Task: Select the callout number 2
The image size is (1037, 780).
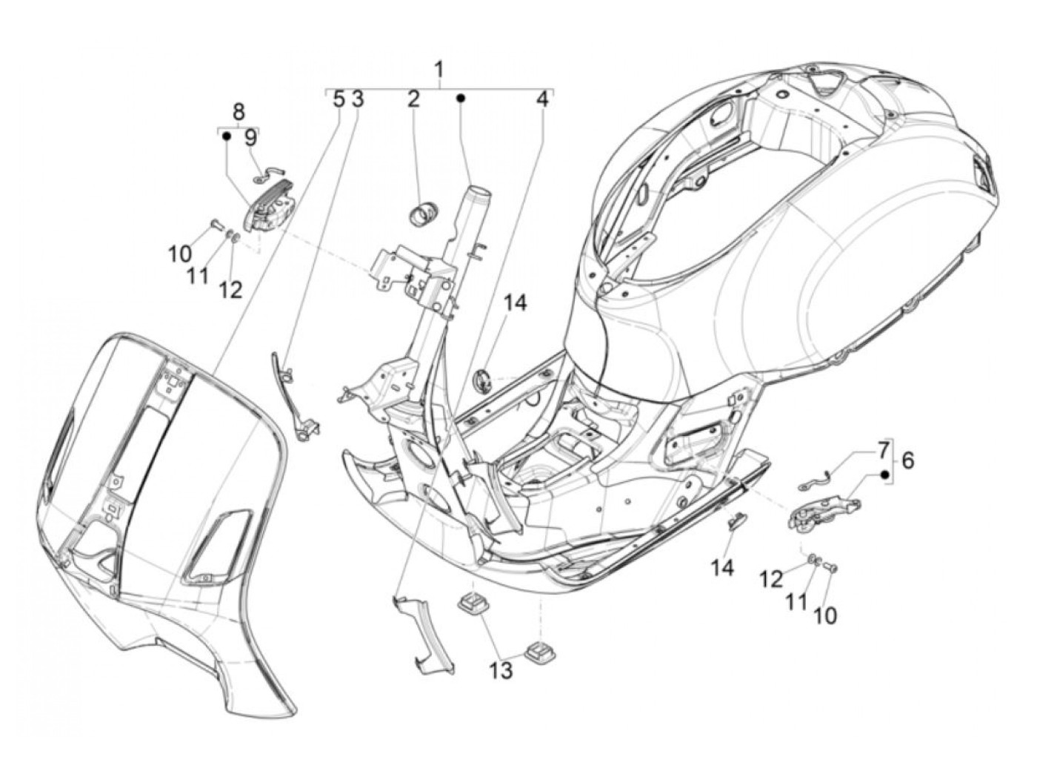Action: [413, 99]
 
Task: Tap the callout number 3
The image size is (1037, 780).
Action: [357, 99]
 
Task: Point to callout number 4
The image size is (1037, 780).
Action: [543, 99]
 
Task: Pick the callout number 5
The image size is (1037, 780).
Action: [339, 99]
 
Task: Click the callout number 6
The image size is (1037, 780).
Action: [907, 460]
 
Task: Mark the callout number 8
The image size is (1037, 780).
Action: [238, 113]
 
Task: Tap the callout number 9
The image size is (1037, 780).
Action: [250, 137]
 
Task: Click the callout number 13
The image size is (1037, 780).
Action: [501, 670]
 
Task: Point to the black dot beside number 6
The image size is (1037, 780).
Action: [884, 475]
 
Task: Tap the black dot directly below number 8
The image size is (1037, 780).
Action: [227, 137]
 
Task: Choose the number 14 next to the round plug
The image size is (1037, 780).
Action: [516, 303]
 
